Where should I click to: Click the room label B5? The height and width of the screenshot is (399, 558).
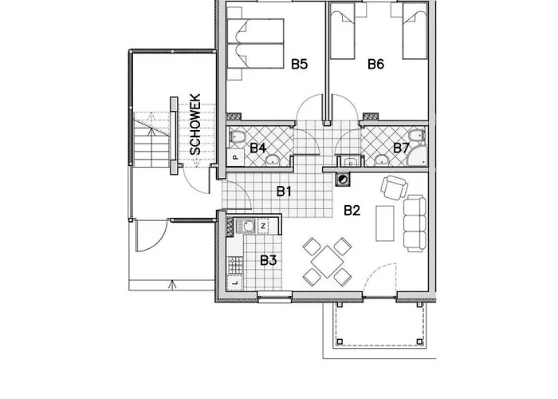coord(299,64)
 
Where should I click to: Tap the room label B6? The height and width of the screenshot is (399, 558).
coord(376,64)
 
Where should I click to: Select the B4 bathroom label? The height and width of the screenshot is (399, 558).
coord(257,148)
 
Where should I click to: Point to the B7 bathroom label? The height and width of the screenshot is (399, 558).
coord(402,148)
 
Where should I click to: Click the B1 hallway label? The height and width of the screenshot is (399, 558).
coord(285,191)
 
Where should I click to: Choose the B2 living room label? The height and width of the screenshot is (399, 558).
coord(352,210)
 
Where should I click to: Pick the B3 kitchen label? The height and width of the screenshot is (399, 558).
coord(267,259)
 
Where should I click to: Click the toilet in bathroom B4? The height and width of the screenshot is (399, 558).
coord(237,140)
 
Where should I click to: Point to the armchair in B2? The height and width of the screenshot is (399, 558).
coord(395,188)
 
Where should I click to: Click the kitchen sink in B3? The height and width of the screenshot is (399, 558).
coord(247,227)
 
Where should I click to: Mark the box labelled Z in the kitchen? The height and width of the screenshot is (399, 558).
coord(264,227)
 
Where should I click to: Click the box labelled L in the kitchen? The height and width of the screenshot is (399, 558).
coord(235,282)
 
